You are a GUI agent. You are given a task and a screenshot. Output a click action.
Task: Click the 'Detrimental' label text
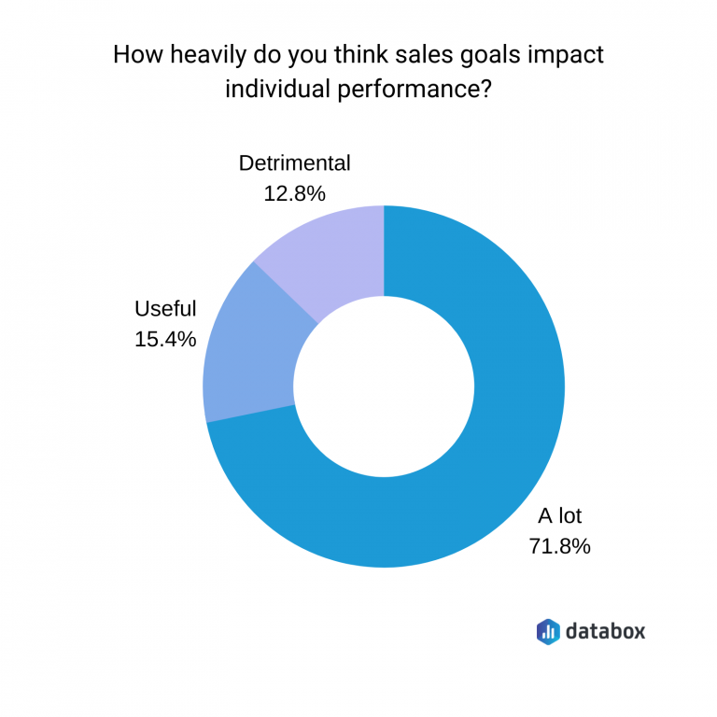[294, 163]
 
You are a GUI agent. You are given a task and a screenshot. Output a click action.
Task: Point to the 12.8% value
[294, 193]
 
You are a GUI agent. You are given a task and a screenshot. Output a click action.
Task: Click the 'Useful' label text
[165, 309]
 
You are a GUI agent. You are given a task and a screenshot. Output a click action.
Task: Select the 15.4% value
[165, 339]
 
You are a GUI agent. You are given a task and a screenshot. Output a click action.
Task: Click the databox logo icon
[548, 631]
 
